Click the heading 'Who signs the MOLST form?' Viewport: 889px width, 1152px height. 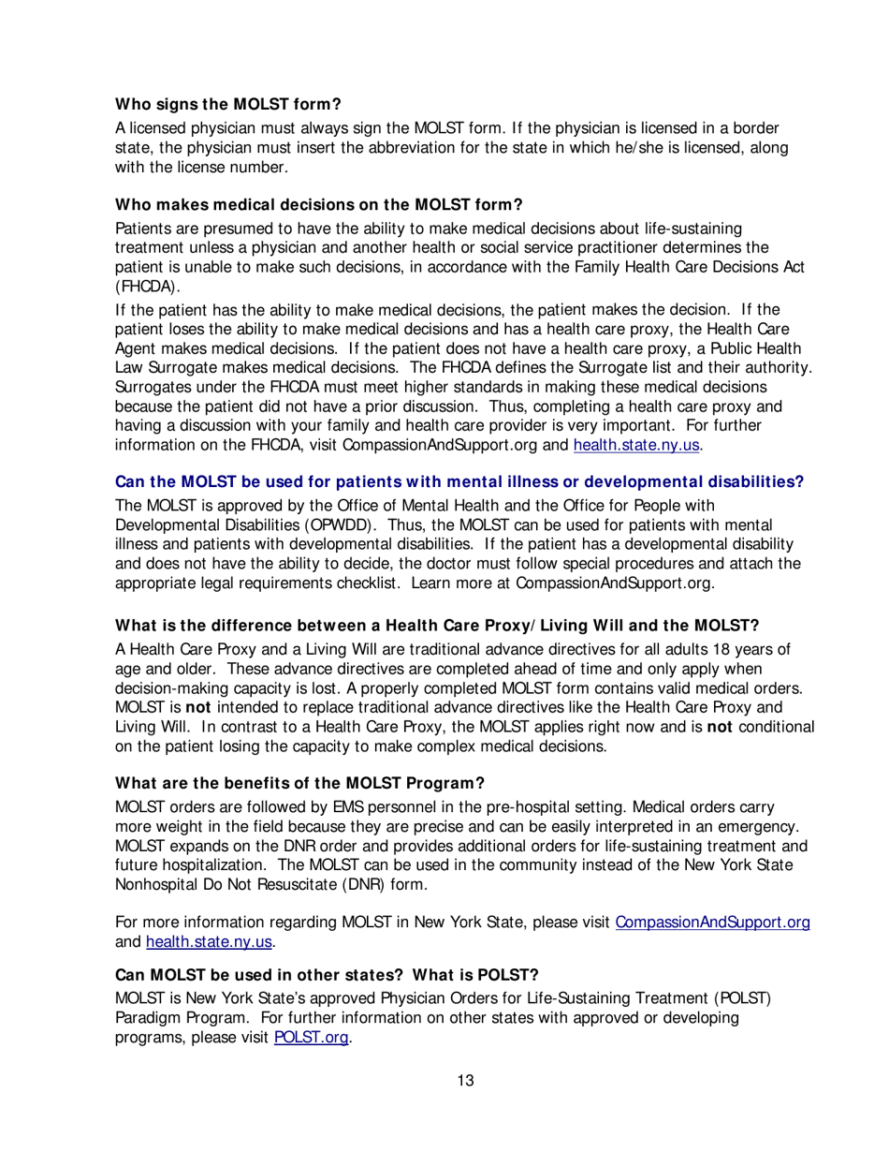[227, 104]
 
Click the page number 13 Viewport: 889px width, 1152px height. [465, 1081]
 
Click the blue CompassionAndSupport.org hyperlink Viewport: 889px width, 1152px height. [711, 923]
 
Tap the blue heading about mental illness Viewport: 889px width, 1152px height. [459, 482]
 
